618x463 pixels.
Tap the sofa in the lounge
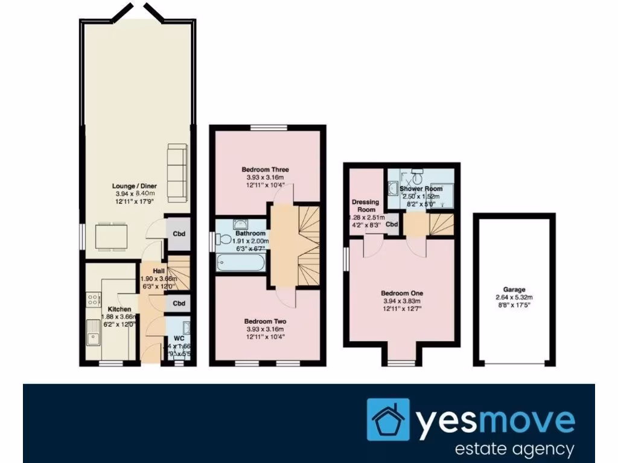coord(177,172)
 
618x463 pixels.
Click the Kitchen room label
coord(100,308)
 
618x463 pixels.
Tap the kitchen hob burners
coord(94,298)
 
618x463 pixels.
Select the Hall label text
coord(159,271)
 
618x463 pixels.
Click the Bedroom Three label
coord(265,170)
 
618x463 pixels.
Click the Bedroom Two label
coord(265,321)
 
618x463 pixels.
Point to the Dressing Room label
coord(365,206)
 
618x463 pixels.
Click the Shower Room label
coord(421,189)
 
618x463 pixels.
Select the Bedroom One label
coord(401,293)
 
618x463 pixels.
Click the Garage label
coord(514,289)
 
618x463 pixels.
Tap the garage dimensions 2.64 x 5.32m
coord(514,297)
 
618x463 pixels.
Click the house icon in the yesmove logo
coord(388,420)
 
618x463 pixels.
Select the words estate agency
coord(514,449)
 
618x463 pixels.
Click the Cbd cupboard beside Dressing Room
coord(392,225)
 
